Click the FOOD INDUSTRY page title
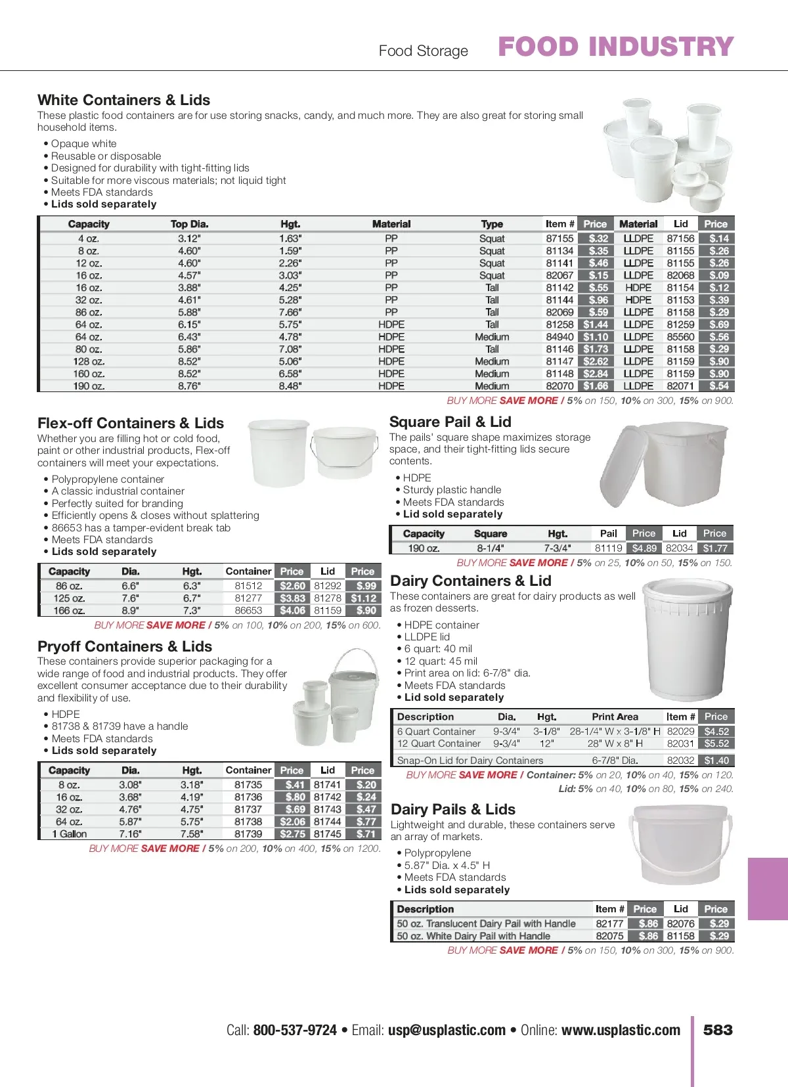point(615,47)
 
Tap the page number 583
point(718,1030)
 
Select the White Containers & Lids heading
point(123,100)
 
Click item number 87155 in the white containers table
point(559,238)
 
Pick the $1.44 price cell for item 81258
point(596,324)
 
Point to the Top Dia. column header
point(189,224)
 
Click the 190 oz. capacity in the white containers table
point(89,386)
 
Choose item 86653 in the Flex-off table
point(248,610)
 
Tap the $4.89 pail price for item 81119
point(644,548)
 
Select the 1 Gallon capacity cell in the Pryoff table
point(69,834)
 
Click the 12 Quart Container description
point(439,743)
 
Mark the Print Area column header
point(615,717)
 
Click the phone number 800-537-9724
point(295,1030)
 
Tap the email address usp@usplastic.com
point(447,1030)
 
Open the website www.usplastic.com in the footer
point(621,1030)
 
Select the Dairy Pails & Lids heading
point(453,809)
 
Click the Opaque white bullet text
point(84,144)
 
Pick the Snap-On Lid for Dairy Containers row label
point(470,761)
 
